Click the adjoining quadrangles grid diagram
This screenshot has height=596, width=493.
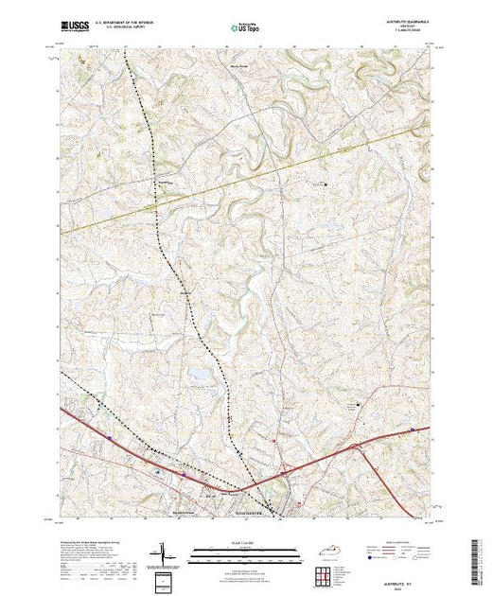tap(326, 573)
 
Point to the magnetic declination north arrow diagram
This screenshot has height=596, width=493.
tap(162, 552)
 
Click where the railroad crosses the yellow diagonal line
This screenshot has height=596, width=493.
tap(161, 198)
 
